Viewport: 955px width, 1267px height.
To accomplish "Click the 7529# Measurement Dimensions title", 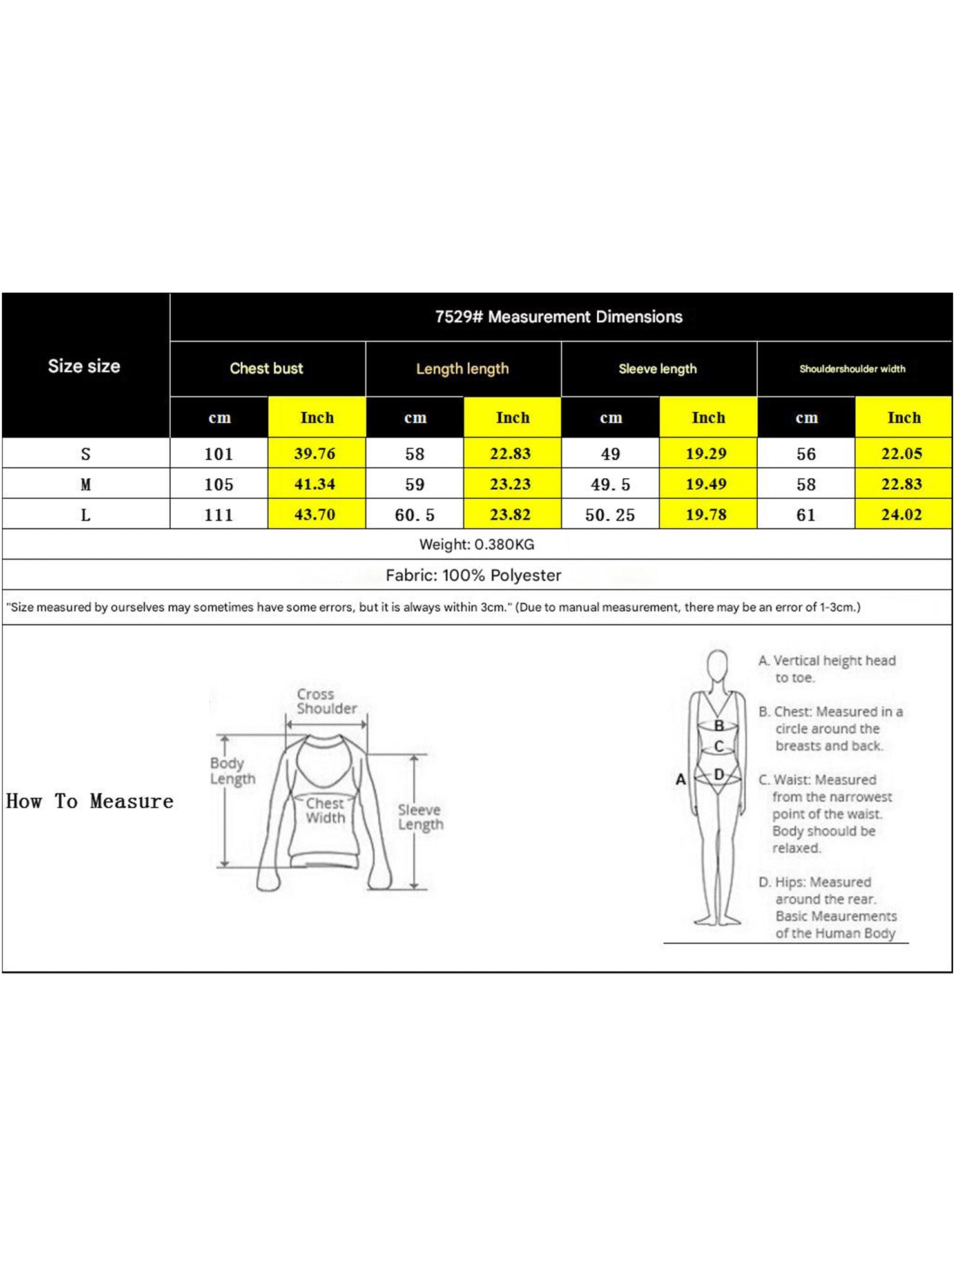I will coord(558,316).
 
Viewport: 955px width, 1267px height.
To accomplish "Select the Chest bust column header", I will coord(266,369).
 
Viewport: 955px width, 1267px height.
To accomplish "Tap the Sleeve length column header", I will coord(657,369).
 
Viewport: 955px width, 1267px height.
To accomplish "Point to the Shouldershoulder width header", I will coord(852,369).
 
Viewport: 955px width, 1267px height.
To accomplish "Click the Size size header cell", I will coord(84,366).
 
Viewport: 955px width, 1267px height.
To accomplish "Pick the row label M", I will coord(86,484).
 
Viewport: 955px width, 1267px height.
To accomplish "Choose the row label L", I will coord(86,515).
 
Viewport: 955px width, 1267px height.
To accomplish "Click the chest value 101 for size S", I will coord(218,454).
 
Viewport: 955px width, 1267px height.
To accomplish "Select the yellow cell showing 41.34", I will coord(315,484).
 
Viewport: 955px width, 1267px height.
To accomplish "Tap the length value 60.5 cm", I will coord(414,515).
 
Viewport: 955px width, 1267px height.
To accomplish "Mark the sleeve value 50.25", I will coord(610,515).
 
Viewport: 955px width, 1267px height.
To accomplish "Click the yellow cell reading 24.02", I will coord(902,515).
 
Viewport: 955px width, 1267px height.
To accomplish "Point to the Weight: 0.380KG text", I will coord(476,545).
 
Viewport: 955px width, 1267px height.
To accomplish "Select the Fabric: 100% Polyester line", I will coord(473,575).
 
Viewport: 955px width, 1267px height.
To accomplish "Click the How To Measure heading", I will coord(90,801).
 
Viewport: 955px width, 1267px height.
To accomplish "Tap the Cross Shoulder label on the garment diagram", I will coord(326,701).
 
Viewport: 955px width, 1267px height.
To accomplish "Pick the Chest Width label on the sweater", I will coord(325,811).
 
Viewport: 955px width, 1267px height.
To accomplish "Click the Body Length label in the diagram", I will coord(232,771).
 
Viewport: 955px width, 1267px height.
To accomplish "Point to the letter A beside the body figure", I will coord(680,780).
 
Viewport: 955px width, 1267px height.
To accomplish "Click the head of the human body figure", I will coord(717,663).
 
